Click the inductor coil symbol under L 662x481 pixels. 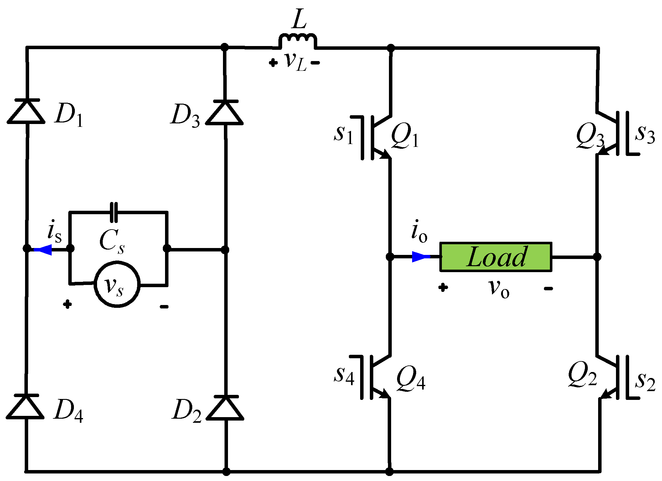pyautogui.click(x=297, y=40)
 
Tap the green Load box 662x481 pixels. pyautogui.click(x=496, y=257)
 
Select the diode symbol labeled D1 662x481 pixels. pyautogui.click(x=27, y=111)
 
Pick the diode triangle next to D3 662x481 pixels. pyautogui.click(x=225, y=113)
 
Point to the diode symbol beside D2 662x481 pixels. pyautogui.click(x=225, y=408)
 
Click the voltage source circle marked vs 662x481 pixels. pyautogui.click(x=117, y=284)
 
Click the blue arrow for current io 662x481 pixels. pyautogui.click(x=421, y=257)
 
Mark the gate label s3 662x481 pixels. pyautogui.click(x=644, y=134)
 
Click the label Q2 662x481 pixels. pyautogui.click(x=582, y=375)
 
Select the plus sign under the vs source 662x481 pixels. pyautogui.click(x=67, y=304)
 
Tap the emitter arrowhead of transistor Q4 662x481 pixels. pyautogui.click(x=384, y=394)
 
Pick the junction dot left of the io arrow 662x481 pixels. pyautogui.click(x=390, y=257)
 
